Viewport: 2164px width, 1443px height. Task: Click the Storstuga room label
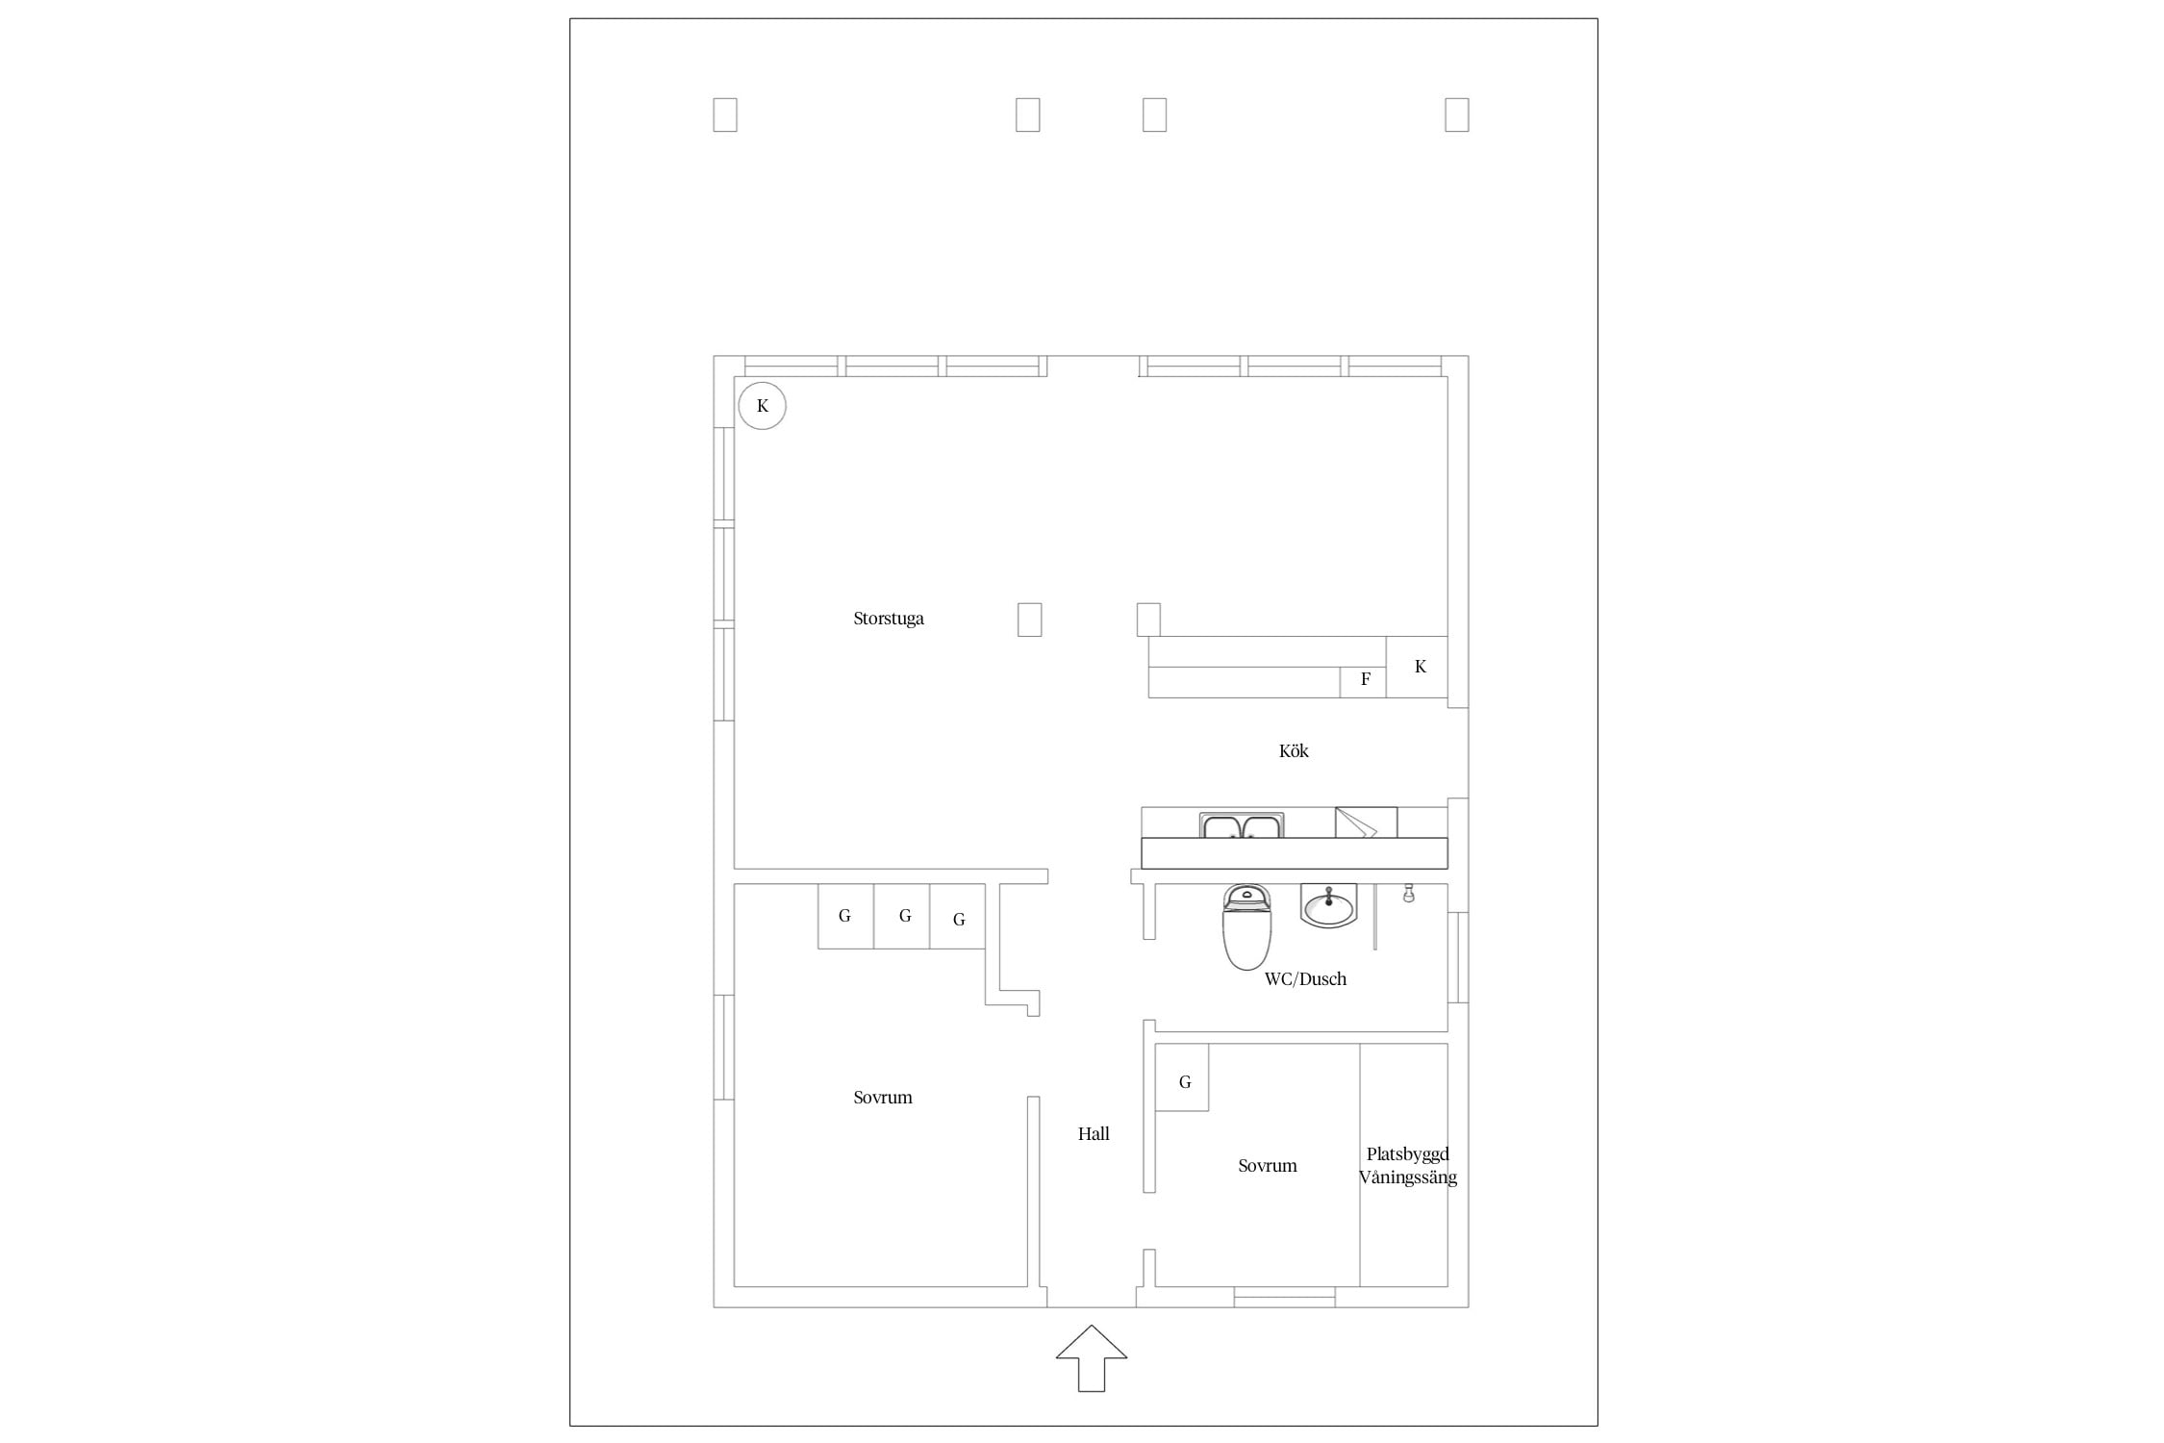tap(888, 619)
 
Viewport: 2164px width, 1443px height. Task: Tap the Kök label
tap(1294, 750)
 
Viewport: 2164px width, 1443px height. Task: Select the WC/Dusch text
tap(1305, 978)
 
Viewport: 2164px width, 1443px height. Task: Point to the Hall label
tap(1094, 1134)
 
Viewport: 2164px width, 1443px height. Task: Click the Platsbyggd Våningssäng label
tap(1408, 1166)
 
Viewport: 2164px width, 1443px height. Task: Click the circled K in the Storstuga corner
tap(762, 406)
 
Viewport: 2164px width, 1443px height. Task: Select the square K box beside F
tap(1417, 667)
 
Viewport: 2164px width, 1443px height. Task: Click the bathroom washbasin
tap(1328, 905)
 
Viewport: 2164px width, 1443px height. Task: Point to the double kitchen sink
tap(1242, 825)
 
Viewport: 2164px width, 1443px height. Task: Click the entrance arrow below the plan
tap(1091, 1358)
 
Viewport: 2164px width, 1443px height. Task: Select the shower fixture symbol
tap(1408, 894)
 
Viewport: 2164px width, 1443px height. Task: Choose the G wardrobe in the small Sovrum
tap(1182, 1077)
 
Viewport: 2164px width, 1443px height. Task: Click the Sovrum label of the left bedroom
tap(883, 1098)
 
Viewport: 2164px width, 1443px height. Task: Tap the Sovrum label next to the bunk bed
tap(1268, 1166)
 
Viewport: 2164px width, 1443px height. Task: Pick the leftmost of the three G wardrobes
tap(845, 916)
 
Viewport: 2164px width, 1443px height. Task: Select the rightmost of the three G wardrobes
tap(958, 916)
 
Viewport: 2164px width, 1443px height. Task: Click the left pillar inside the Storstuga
tap(1029, 620)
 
